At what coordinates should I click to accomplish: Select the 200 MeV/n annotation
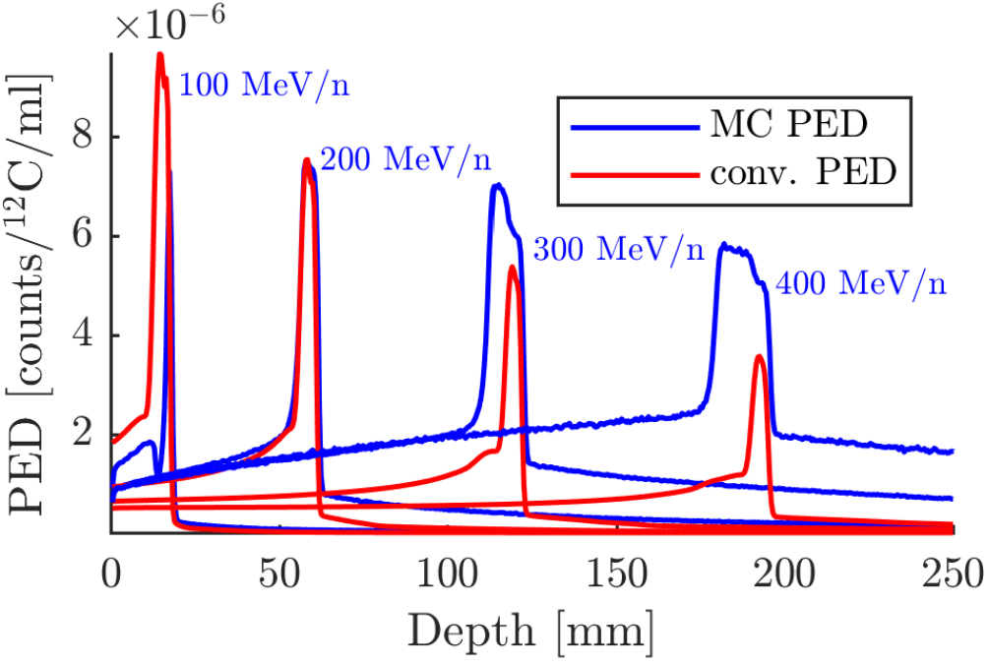coord(406,158)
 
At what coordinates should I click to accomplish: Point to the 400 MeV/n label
coord(861,284)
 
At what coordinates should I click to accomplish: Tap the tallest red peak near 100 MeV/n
coord(159,55)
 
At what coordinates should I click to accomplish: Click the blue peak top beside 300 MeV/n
coord(498,185)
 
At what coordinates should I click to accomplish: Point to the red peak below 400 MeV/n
coord(759,357)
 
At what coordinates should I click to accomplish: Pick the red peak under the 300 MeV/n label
coord(512,268)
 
